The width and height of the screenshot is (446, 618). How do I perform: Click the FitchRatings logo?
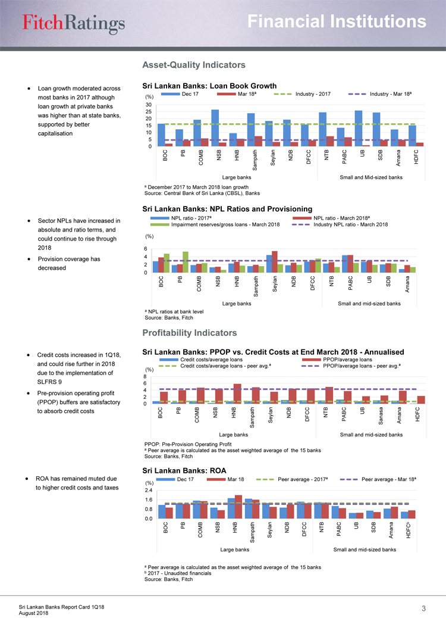(74, 23)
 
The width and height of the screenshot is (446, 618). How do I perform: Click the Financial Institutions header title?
(337, 22)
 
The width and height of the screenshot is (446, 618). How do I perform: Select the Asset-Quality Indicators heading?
(190, 64)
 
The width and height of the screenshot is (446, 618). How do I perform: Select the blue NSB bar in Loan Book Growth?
(215, 127)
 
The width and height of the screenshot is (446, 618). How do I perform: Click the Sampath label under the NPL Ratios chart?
(256, 288)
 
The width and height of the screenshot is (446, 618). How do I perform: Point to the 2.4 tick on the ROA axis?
(149, 490)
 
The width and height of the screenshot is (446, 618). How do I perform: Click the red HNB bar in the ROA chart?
(238, 507)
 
